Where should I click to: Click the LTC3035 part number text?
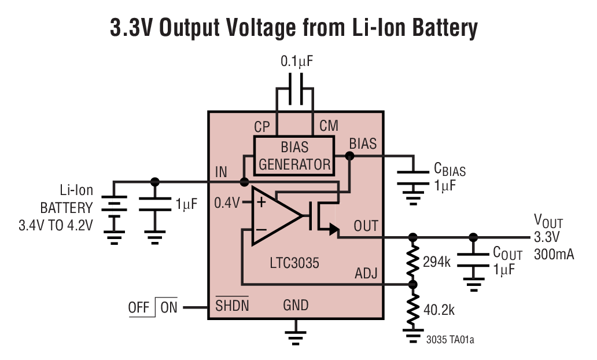coord(294,263)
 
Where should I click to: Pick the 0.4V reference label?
coord(227,203)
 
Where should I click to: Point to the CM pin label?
coord(329,126)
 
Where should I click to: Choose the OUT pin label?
coord(366,226)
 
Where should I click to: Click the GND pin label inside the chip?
coord(296,305)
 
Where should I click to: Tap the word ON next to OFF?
coord(169,308)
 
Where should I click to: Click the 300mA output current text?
coord(554,253)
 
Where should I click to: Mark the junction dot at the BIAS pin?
coord(349,156)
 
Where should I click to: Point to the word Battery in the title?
coord(440,28)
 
